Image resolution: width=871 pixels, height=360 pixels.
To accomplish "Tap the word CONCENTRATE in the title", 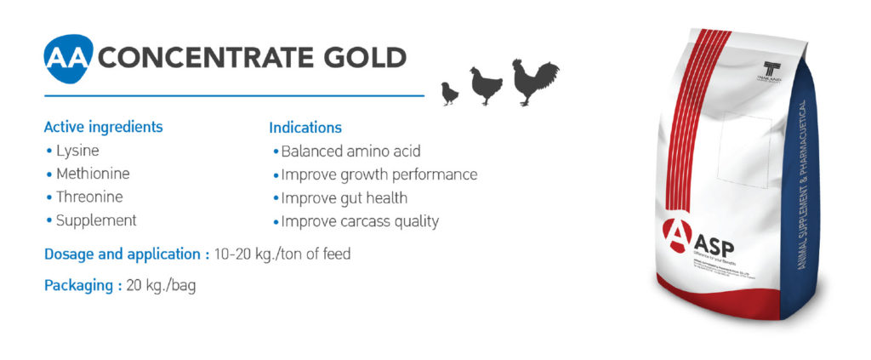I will (x=202, y=57).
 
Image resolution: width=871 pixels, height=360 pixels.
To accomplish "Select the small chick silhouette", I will (x=449, y=94).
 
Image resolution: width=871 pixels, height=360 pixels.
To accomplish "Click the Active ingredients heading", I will (x=103, y=128).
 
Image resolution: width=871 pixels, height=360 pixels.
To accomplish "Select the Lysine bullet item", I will (x=77, y=151).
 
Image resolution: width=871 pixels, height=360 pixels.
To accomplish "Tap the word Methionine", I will (x=93, y=174).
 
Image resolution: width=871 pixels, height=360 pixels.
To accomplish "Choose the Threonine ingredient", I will (x=89, y=197).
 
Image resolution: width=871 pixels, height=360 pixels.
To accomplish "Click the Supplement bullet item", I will (x=96, y=220).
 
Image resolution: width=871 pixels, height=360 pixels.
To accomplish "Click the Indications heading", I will (x=305, y=128).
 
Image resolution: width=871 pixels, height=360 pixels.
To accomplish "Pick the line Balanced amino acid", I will (x=350, y=151).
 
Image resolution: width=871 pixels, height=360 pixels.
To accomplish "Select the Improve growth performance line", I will (x=379, y=174).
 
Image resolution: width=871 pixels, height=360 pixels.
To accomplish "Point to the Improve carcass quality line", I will (x=360, y=221).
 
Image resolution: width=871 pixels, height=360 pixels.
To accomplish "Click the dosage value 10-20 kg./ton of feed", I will (x=282, y=254).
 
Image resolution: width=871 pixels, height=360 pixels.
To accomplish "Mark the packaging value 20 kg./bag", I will (x=161, y=286).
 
